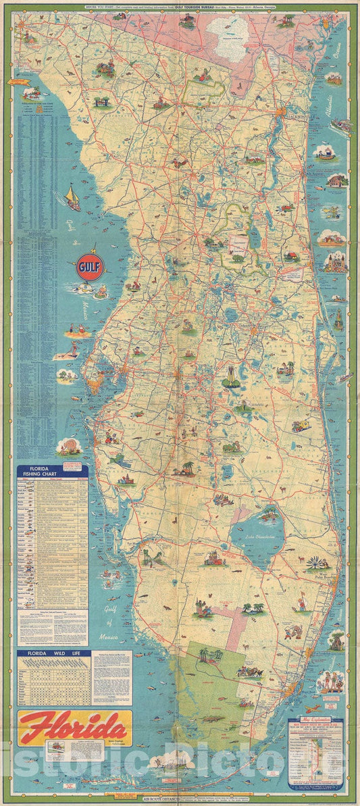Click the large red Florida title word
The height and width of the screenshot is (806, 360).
pos(73,728)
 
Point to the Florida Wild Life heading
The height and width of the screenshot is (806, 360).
pos(52,654)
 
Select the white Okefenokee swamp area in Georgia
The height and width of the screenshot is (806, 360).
pos(226,30)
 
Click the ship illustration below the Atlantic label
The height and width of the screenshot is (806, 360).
pos(339,126)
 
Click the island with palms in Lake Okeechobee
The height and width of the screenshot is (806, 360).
pos(268,515)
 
